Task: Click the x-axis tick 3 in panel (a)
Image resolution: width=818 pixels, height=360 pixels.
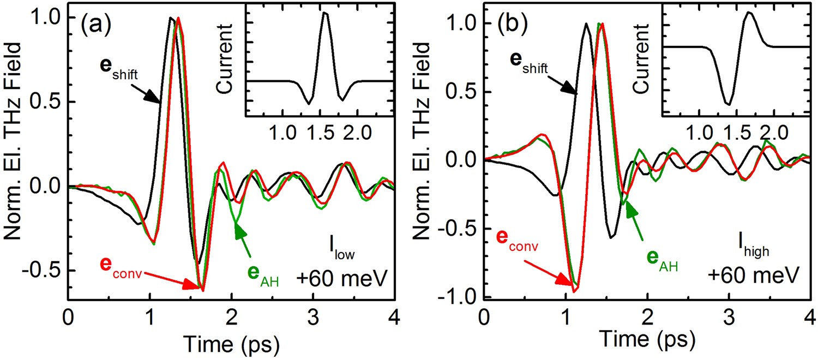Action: pyautogui.click(x=313, y=316)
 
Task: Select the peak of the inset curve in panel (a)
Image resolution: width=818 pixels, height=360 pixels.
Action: pyautogui.click(x=325, y=13)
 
